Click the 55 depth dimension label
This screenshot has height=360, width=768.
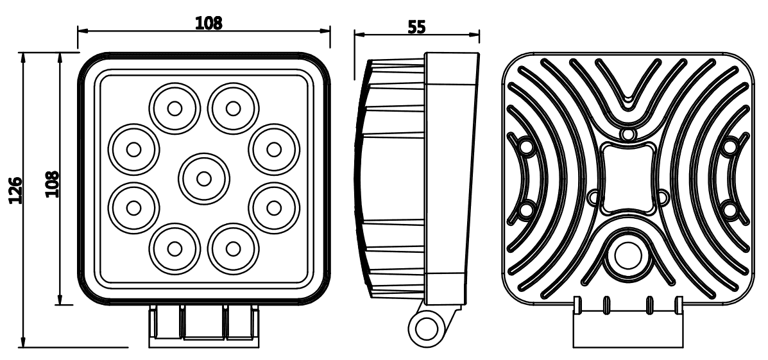point(417,27)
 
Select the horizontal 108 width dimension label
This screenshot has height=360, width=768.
point(209,22)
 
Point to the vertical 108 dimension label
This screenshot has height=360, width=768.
point(52,184)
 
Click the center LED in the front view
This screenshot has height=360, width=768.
point(204,179)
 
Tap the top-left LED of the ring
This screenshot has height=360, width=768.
point(175,108)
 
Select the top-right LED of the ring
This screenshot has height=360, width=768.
point(233,108)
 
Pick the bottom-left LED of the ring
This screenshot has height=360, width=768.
point(175,249)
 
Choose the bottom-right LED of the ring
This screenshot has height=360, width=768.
point(233,249)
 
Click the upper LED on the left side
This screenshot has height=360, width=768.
point(133,150)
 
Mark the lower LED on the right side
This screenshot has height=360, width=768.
point(274,208)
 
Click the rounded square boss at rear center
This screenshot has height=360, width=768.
point(627,179)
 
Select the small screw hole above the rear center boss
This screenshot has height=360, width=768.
point(627,133)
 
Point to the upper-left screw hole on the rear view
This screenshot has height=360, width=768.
point(525,146)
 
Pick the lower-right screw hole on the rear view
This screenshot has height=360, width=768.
point(730,210)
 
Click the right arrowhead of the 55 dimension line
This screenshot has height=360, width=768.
point(474,35)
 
